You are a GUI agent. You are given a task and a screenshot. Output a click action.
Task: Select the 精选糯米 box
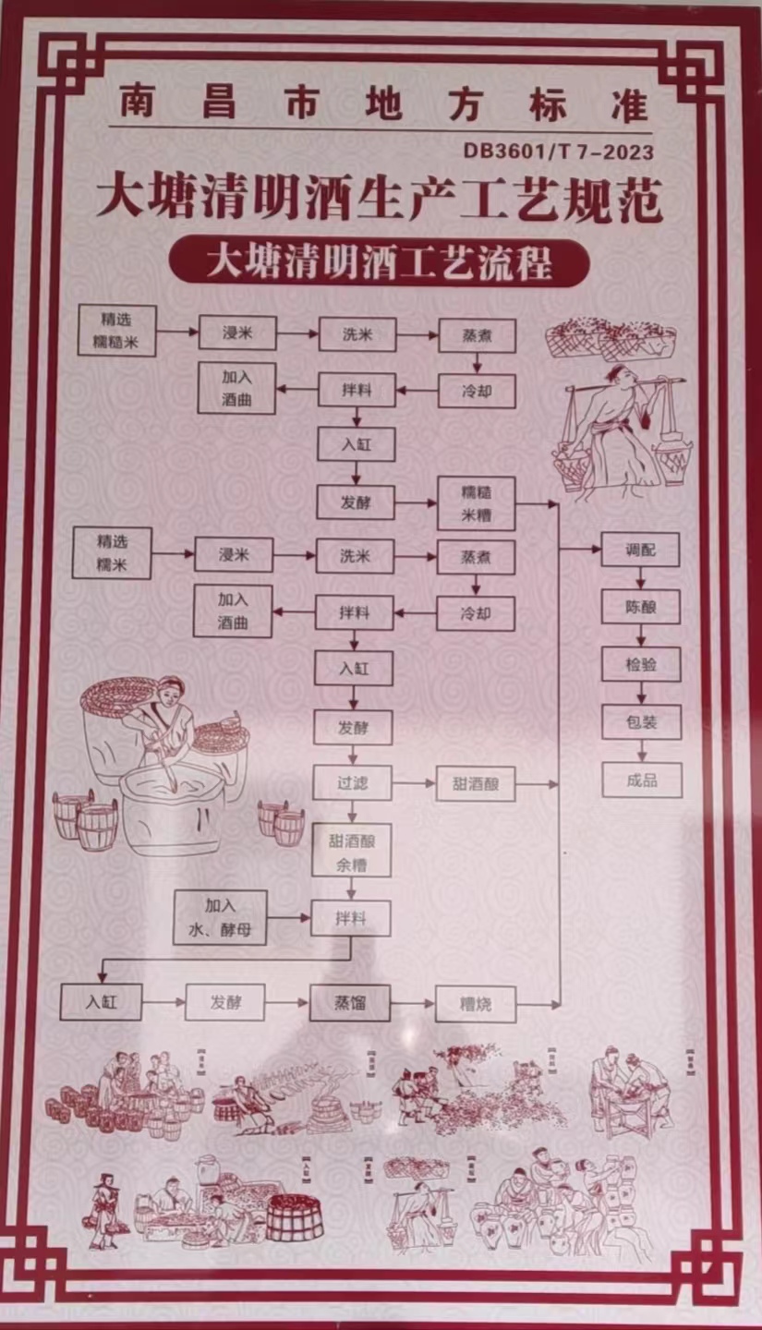[x=112, y=552]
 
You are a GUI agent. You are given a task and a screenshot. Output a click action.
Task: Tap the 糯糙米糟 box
[x=476, y=503]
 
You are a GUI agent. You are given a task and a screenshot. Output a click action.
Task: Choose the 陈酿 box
[x=641, y=606]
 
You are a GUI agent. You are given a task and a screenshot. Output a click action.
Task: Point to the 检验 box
[x=641, y=663]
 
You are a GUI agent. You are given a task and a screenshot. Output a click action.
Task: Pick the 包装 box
[x=641, y=721]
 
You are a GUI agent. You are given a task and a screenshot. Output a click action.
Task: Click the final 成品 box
[x=642, y=780]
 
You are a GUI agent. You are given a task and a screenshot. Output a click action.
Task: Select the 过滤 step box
[x=352, y=783]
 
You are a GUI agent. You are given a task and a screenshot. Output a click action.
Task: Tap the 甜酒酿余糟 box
[x=352, y=850]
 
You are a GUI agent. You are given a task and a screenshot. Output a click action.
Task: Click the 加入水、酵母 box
[x=220, y=917]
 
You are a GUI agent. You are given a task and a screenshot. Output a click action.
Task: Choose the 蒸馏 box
[x=350, y=1002]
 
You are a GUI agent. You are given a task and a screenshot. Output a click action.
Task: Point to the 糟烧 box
[x=476, y=1003]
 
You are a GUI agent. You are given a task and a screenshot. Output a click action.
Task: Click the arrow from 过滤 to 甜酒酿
[x=413, y=784]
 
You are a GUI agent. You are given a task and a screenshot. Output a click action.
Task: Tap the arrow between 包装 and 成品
[x=642, y=751]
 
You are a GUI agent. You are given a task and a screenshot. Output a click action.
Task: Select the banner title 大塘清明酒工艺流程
[x=380, y=261]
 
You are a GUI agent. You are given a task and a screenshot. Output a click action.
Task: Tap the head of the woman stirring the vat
[x=172, y=690]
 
